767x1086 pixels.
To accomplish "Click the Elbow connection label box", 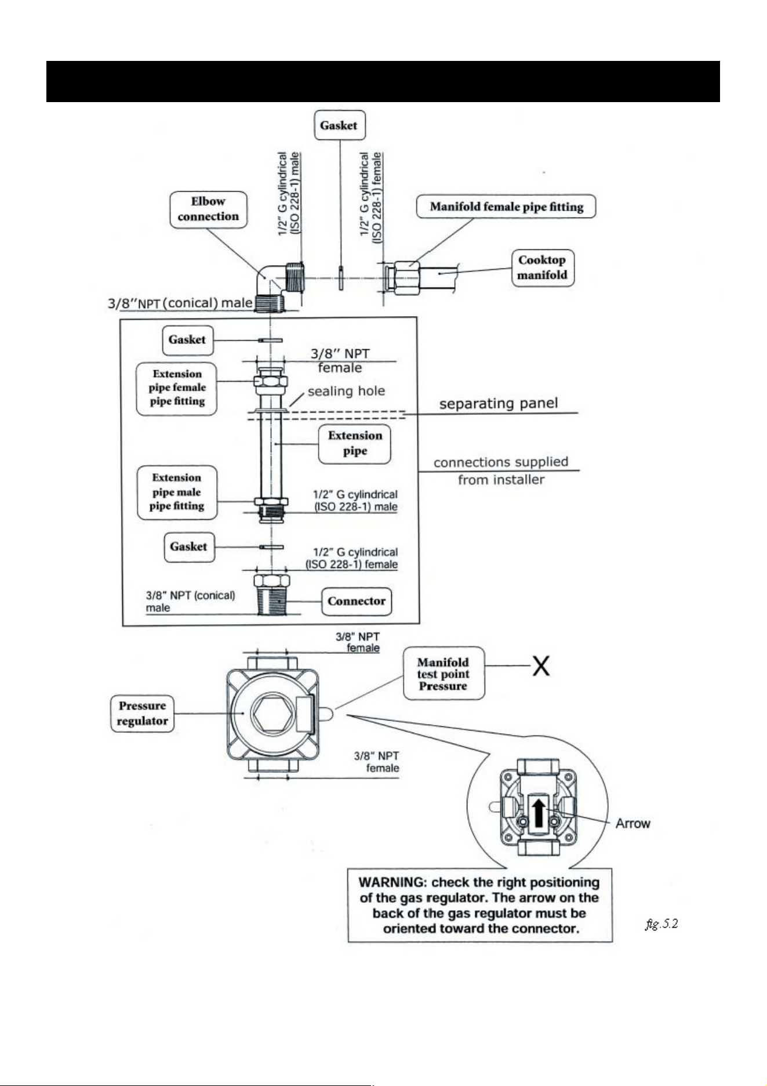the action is click(208, 209).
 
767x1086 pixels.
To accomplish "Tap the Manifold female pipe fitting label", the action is click(506, 207).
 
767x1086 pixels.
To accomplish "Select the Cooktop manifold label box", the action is click(543, 267).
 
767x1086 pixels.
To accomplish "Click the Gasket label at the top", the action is click(340, 125).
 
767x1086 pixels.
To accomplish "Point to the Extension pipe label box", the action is click(355, 444).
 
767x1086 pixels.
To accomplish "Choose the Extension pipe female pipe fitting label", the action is click(177, 388).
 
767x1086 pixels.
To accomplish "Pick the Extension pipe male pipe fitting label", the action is click(177, 492).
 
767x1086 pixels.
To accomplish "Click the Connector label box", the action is click(357, 602).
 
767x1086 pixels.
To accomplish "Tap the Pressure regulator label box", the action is click(142, 714).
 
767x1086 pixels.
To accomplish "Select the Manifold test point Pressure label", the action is click(444, 674).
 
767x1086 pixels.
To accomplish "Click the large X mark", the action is click(541, 666).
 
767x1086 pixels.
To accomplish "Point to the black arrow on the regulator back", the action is click(539, 813).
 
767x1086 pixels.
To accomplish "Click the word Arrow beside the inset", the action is click(633, 823).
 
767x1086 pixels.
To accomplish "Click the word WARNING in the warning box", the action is click(392, 882).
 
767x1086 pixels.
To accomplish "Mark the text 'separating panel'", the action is click(499, 403).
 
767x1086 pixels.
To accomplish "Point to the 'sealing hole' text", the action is click(346, 391).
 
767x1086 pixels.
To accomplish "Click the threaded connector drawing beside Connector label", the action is click(271, 595).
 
